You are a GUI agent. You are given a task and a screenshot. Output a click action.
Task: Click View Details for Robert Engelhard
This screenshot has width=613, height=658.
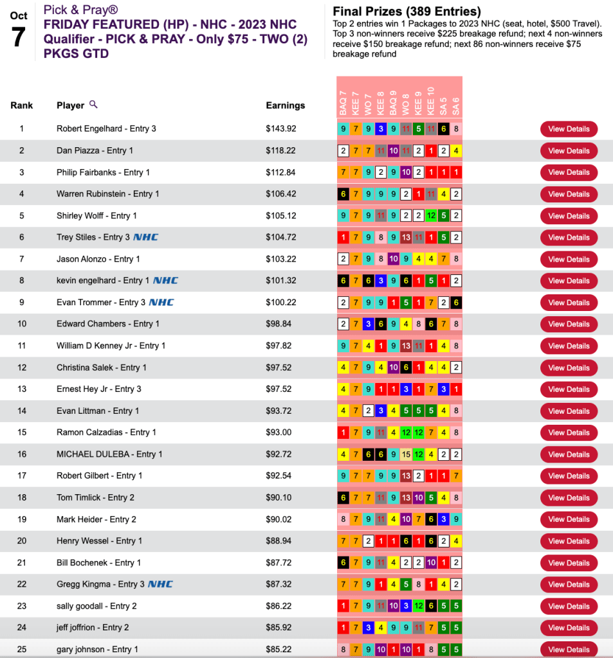(x=569, y=129)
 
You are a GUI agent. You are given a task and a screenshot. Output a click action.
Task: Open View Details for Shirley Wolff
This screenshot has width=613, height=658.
(x=569, y=216)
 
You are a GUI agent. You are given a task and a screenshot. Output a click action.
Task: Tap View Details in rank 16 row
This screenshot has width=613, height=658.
(x=569, y=454)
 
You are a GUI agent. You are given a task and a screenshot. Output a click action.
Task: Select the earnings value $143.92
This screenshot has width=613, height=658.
(x=281, y=129)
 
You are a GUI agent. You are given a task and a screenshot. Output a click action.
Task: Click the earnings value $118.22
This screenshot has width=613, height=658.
(x=281, y=150)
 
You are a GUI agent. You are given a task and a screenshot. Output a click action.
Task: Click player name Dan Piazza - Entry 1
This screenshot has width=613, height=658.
(x=95, y=150)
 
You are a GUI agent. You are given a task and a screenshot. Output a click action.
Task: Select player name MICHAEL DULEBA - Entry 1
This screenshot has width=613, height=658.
(x=109, y=454)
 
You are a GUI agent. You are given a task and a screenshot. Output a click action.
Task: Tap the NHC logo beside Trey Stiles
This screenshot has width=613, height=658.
(x=146, y=237)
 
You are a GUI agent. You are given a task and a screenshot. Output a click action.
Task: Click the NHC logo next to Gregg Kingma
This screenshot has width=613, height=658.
(x=160, y=584)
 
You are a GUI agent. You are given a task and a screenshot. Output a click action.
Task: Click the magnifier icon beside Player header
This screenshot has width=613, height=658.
(x=93, y=104)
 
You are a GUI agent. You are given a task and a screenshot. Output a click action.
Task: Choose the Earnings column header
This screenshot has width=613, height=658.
(x=285, y=105)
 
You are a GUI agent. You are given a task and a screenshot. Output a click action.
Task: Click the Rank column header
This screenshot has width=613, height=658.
(x=21, y=105)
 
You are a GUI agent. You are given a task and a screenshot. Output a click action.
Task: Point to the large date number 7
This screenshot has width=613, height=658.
(x=18, y=37)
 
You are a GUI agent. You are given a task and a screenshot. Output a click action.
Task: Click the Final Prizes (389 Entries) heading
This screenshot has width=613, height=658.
(x=407, y=12)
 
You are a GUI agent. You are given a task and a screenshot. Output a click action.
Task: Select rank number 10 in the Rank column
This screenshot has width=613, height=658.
(x=21, y=324)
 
